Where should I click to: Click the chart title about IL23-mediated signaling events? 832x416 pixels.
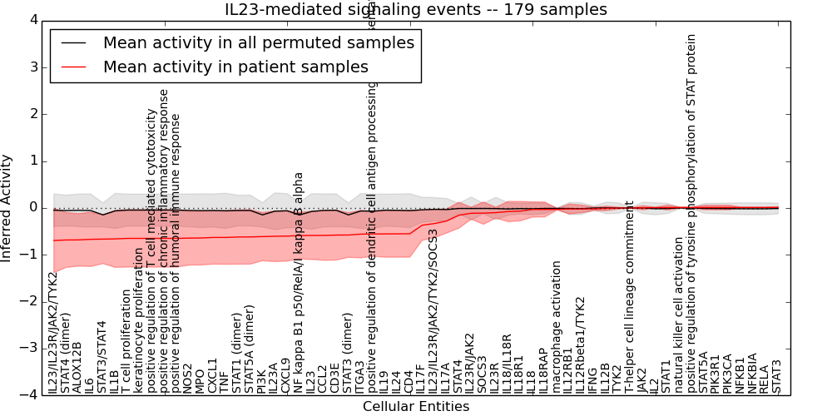416,9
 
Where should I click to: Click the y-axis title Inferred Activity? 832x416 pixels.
7,207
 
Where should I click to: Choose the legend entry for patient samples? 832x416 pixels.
235,67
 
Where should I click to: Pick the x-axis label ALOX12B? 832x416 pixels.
78,367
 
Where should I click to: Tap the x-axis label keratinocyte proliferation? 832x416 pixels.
139,320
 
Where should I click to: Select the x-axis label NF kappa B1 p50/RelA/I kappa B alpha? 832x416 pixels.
299,283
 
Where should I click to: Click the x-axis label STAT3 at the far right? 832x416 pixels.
776,375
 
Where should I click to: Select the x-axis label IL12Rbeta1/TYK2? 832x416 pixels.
581,344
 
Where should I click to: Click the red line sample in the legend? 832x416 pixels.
72,67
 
